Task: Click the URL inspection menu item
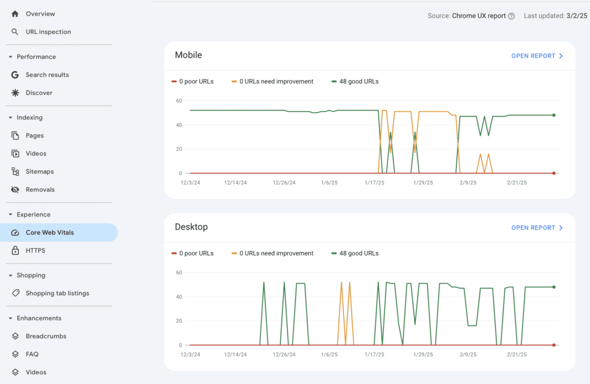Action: [x=48, y=32]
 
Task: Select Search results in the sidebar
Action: [x=47, y=75]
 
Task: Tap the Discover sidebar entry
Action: [x=39, y=93]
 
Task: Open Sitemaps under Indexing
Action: [x=39, y=172]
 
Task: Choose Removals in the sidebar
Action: [x=40, y=189]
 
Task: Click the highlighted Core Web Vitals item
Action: [x=50, y=233]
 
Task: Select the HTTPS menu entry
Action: [x=35, y=250]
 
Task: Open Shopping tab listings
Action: [x=57, y=293]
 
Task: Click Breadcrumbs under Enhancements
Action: [x=46, y=336]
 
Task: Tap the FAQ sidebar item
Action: [x=32, y=354]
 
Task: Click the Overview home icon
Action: [x=15, y=13]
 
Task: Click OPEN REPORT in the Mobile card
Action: [x=537, y=56]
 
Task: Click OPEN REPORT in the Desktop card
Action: [x=537, y=227]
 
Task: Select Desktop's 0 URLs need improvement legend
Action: [x=276, y=253]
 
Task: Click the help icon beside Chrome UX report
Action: [x=511, y=16]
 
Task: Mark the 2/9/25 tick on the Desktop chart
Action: [x=468, y=354]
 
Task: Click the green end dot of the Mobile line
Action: [x=554, y=115]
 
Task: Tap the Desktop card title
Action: [x=191, y=227]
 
